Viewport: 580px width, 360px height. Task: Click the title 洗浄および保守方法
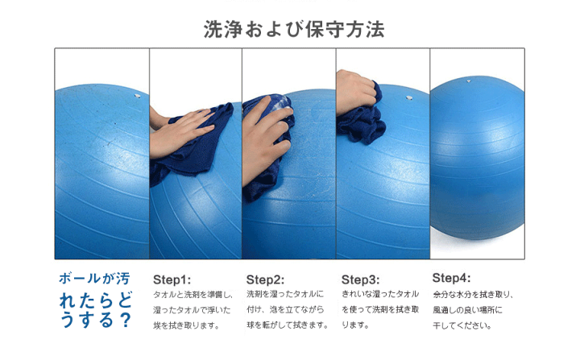(x=294, y=30)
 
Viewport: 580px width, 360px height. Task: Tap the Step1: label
(x=172, y=279)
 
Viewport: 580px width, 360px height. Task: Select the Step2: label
(x=265, y=279)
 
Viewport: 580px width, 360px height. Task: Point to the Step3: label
(x=360, y=279)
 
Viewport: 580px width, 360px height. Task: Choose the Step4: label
(x=451, y=278)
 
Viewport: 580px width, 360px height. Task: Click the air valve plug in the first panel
(x=137, y=96)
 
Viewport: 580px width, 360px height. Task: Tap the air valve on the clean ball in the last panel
(x=469, y=81)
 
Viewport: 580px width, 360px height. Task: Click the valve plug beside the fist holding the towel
(x=409, y=98)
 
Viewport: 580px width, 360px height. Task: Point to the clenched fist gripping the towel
(x=356, y=92)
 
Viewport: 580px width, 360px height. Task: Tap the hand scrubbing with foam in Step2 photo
(x=266, y=141)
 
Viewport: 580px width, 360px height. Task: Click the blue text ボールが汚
(x=94, y=279)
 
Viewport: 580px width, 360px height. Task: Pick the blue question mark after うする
(x=126, y=320)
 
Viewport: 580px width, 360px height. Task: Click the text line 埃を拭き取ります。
(x=187, y=325)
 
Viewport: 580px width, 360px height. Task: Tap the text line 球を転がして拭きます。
(x=288, y=325)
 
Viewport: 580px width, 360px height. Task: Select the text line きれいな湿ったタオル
(x=380, y=294)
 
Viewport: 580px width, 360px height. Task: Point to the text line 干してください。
(x=462, y=325)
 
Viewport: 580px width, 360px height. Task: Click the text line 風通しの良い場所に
(x=467, y=310)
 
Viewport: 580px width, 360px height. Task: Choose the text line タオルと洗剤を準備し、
(x=193, y=295)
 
